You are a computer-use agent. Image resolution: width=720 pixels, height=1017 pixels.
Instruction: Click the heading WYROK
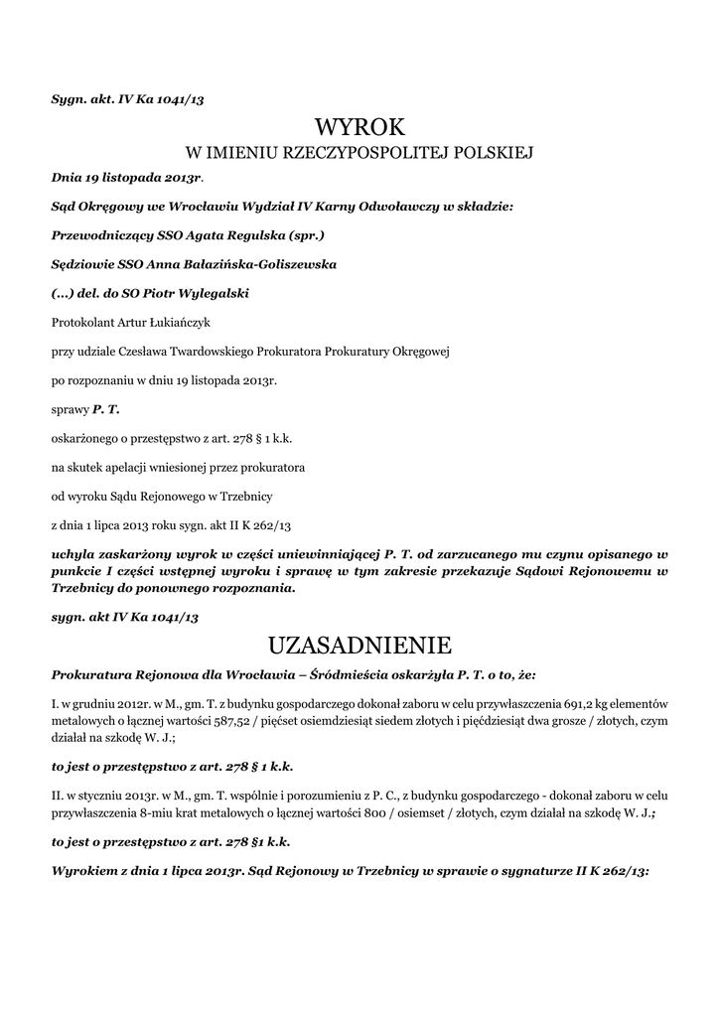[360, 126]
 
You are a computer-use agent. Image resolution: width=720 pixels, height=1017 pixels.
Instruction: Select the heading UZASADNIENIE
[360, 646]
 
